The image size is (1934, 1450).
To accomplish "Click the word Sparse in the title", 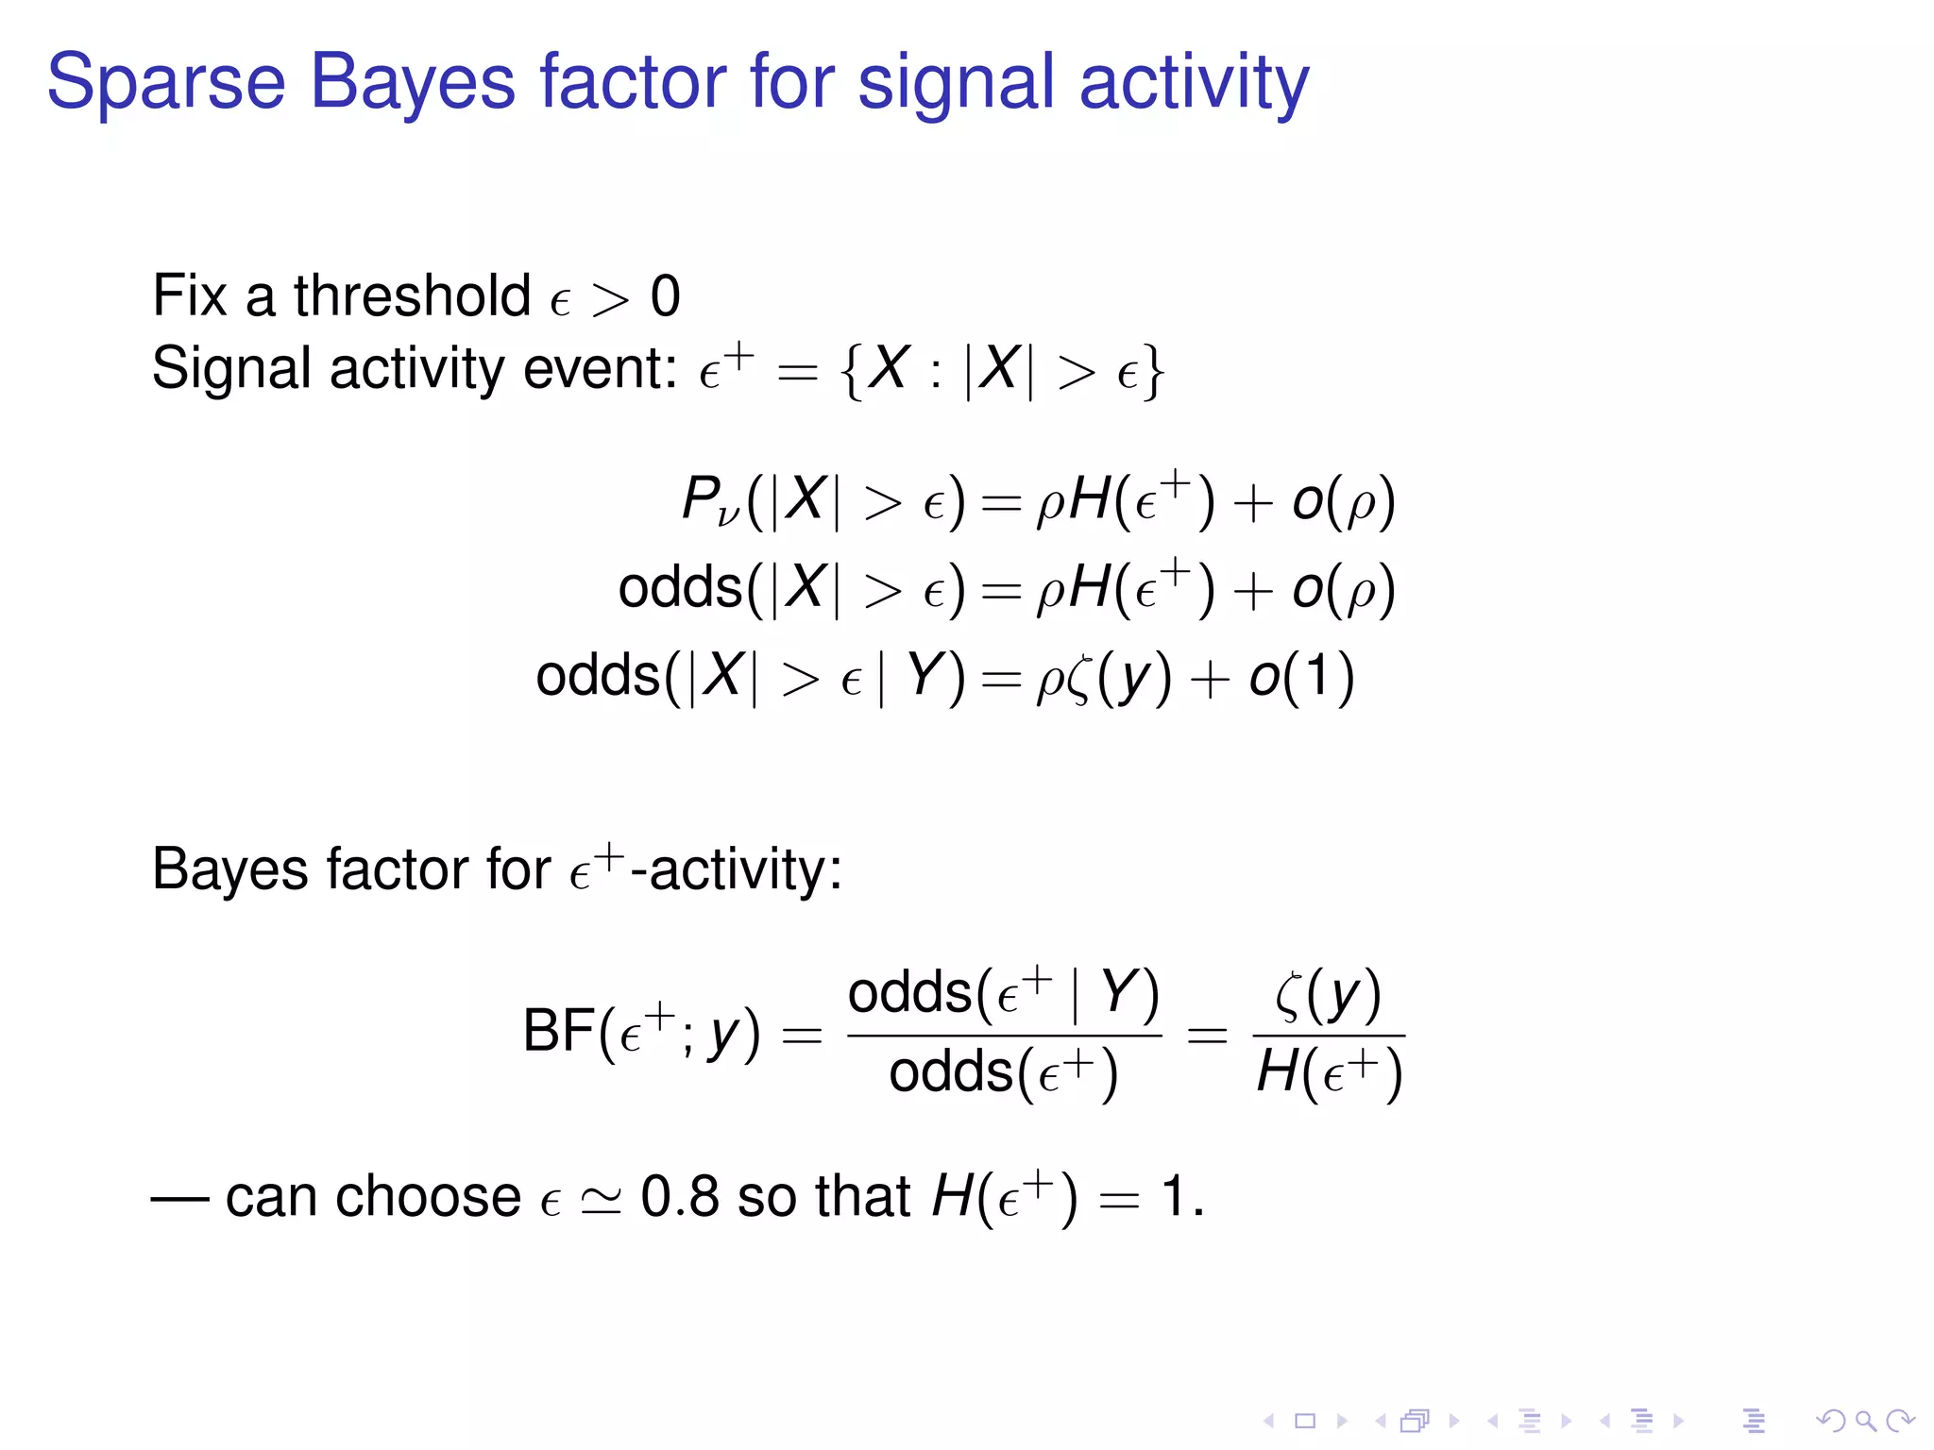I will pos(165,83).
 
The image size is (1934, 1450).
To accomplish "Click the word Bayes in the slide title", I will pos(413,83).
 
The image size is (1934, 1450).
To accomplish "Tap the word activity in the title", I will pos(1194,83).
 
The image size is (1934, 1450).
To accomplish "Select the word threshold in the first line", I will pos(412,295).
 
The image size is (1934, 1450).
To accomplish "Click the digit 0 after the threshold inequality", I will pos(665,297).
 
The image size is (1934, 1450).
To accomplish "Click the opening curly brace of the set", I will pos(851,371).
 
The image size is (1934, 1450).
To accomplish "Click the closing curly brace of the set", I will pos(1153,371).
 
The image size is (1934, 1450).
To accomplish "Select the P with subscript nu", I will pos(706,500).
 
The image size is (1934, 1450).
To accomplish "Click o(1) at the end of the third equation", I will pos(1301,677).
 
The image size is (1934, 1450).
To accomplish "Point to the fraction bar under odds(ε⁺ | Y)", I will pos(1004,1036).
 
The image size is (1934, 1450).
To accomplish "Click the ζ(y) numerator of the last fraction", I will pos(1328,995).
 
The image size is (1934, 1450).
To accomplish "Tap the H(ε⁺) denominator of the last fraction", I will pos(1329,1073).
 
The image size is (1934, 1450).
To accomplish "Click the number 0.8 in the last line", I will pos(679,1196).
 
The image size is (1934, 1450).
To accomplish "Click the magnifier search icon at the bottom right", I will pos(1865,1420).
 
